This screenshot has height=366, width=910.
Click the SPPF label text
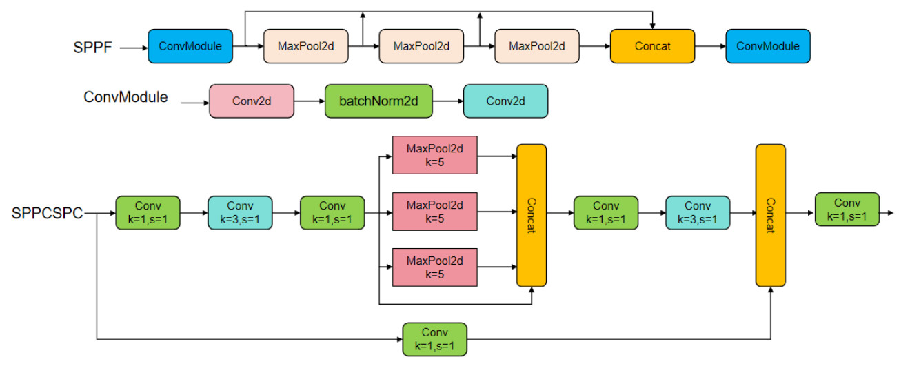(x=92, y=48)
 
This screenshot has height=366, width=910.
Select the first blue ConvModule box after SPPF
(x=190, y=46)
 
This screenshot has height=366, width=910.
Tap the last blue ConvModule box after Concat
(x=768, y=46)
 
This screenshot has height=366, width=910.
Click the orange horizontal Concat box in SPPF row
(x=652, y=46)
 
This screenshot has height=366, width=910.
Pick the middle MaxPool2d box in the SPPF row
(x=421, y=46)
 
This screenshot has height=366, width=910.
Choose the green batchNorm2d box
(x=378, y=101)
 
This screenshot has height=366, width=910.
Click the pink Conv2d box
(x=252, y=101)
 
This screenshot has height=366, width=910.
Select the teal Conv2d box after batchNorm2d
(x=505, y=101)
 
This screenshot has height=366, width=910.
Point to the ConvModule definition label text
(x=125, y=97)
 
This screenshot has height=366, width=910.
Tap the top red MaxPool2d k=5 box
(x=435, y=155)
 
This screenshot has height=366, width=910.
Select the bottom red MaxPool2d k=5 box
(x=435, y=267)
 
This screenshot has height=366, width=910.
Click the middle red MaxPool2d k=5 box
(x=435, y=212)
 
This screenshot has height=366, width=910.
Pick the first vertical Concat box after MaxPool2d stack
(x=532, y=215)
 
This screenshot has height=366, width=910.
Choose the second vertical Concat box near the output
(x=770, y=215)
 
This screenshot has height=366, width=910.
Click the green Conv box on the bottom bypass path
(x=435, y=339)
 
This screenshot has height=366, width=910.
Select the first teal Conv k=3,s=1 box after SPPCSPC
(x=240, y=213)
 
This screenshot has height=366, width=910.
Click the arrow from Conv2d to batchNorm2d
(x=310, y=101)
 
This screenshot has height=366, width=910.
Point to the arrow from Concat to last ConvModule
(x=709, y=46)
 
